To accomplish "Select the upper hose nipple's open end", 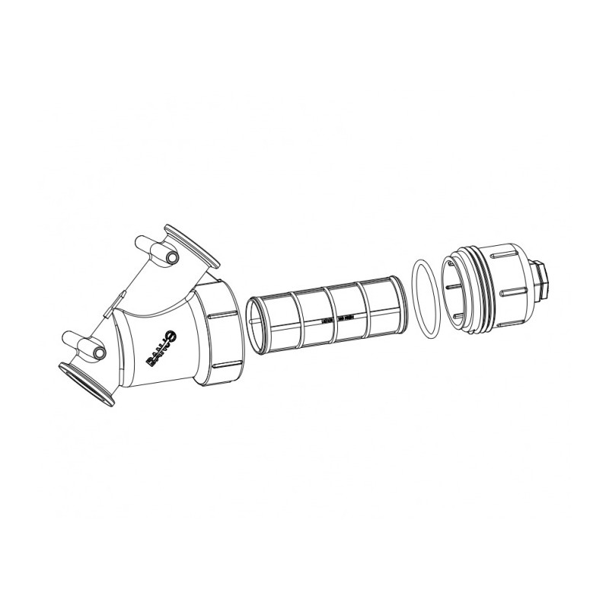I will [x=173, y=259].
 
